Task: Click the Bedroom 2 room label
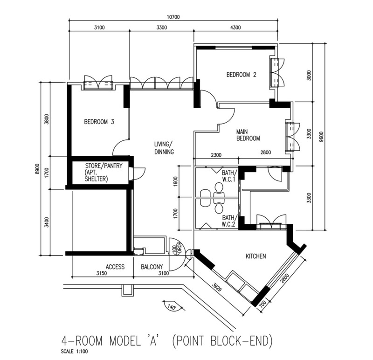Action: (241, 75)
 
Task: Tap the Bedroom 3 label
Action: (99, 122)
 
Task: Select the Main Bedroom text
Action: (248, 135)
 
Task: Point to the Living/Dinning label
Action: (164, 148)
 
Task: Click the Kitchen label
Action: (256, 256)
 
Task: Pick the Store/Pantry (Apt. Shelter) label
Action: (104, 172)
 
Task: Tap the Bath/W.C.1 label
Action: (229, 176)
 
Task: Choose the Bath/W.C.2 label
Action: (229, 221)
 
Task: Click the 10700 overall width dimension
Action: (173, 17)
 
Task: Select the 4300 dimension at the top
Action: (235, 28)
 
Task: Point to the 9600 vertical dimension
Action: (322, 137)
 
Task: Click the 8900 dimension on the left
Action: (37, 169)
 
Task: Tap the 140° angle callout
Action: (171, 307)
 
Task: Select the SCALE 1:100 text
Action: (74, 351)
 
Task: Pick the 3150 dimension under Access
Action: (102, 273)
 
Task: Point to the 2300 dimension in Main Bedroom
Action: (216, 155)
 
